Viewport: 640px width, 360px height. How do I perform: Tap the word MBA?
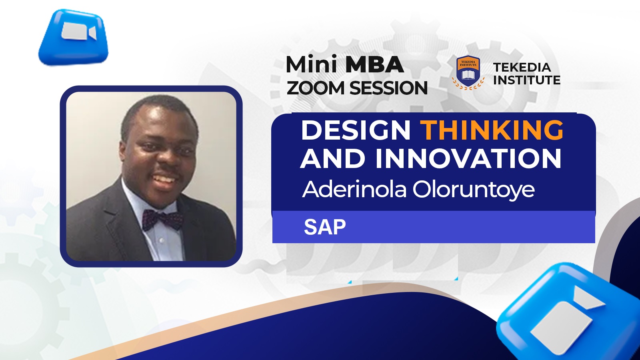coord(374,65)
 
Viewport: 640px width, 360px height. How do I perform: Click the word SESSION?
coord(388,88)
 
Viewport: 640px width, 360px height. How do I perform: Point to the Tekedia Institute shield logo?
coord(468,72)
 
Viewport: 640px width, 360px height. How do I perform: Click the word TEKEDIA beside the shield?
coord(522,68)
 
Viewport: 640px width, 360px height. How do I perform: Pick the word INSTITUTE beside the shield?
coord(527,80)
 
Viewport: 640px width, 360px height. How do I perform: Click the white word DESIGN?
coord(356,130)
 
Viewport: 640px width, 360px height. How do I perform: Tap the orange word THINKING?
coord(493,130)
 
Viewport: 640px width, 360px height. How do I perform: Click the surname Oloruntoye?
coord(474,190)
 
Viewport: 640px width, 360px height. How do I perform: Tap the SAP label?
coord(325,227)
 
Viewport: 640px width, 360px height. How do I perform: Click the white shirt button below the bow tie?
coord(162,240)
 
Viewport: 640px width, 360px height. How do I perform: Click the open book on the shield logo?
coord(468,75)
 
